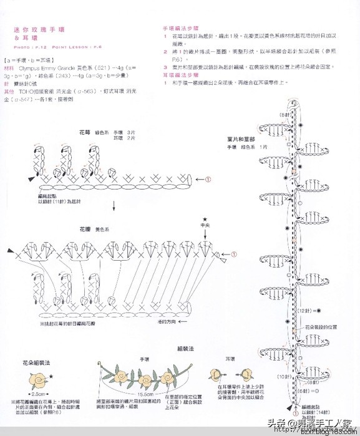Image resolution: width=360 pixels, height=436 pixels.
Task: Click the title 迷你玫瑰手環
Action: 43,30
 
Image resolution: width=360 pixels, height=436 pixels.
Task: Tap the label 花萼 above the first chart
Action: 84,133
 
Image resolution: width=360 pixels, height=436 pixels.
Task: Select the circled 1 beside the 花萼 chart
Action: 208,178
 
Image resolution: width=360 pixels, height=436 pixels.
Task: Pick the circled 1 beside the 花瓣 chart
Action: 235,254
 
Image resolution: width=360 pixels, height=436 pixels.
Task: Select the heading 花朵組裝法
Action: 36,362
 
